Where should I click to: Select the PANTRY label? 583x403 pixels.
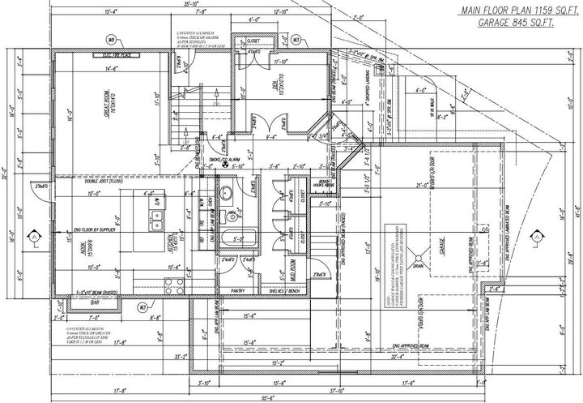[237, 289]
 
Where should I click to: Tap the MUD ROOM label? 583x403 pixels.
[292, 263]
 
